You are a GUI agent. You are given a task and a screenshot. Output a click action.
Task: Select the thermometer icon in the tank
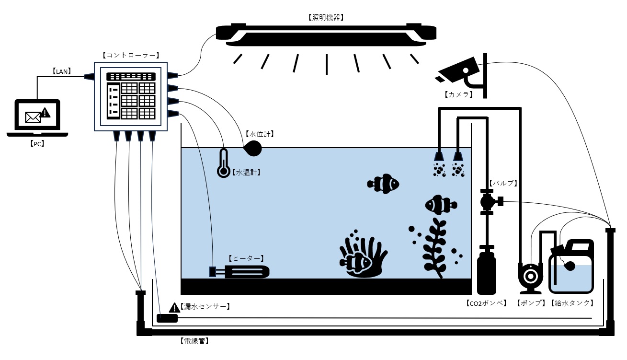coord(223,163)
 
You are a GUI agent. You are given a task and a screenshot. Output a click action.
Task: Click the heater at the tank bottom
coord(239,272)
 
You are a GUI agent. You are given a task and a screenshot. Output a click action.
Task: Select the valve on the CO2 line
coord(488,201)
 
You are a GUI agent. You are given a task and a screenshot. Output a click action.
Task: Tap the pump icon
coord(530,277)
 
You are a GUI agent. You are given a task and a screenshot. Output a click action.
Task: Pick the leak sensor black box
coord(167,318)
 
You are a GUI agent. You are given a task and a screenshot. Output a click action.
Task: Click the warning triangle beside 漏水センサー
coord(174,307)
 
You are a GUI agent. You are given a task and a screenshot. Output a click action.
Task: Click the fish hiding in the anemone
coord(356,262)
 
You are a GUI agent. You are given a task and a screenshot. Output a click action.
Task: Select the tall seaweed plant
coord(434,247)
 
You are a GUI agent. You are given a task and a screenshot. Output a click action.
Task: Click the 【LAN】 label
coord(62,71)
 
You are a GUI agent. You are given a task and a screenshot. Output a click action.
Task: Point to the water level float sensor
coord(252,148)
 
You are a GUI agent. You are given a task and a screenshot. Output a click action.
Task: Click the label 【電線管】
coord(194,342)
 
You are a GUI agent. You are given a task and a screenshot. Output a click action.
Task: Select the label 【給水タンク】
coord(573,303)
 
